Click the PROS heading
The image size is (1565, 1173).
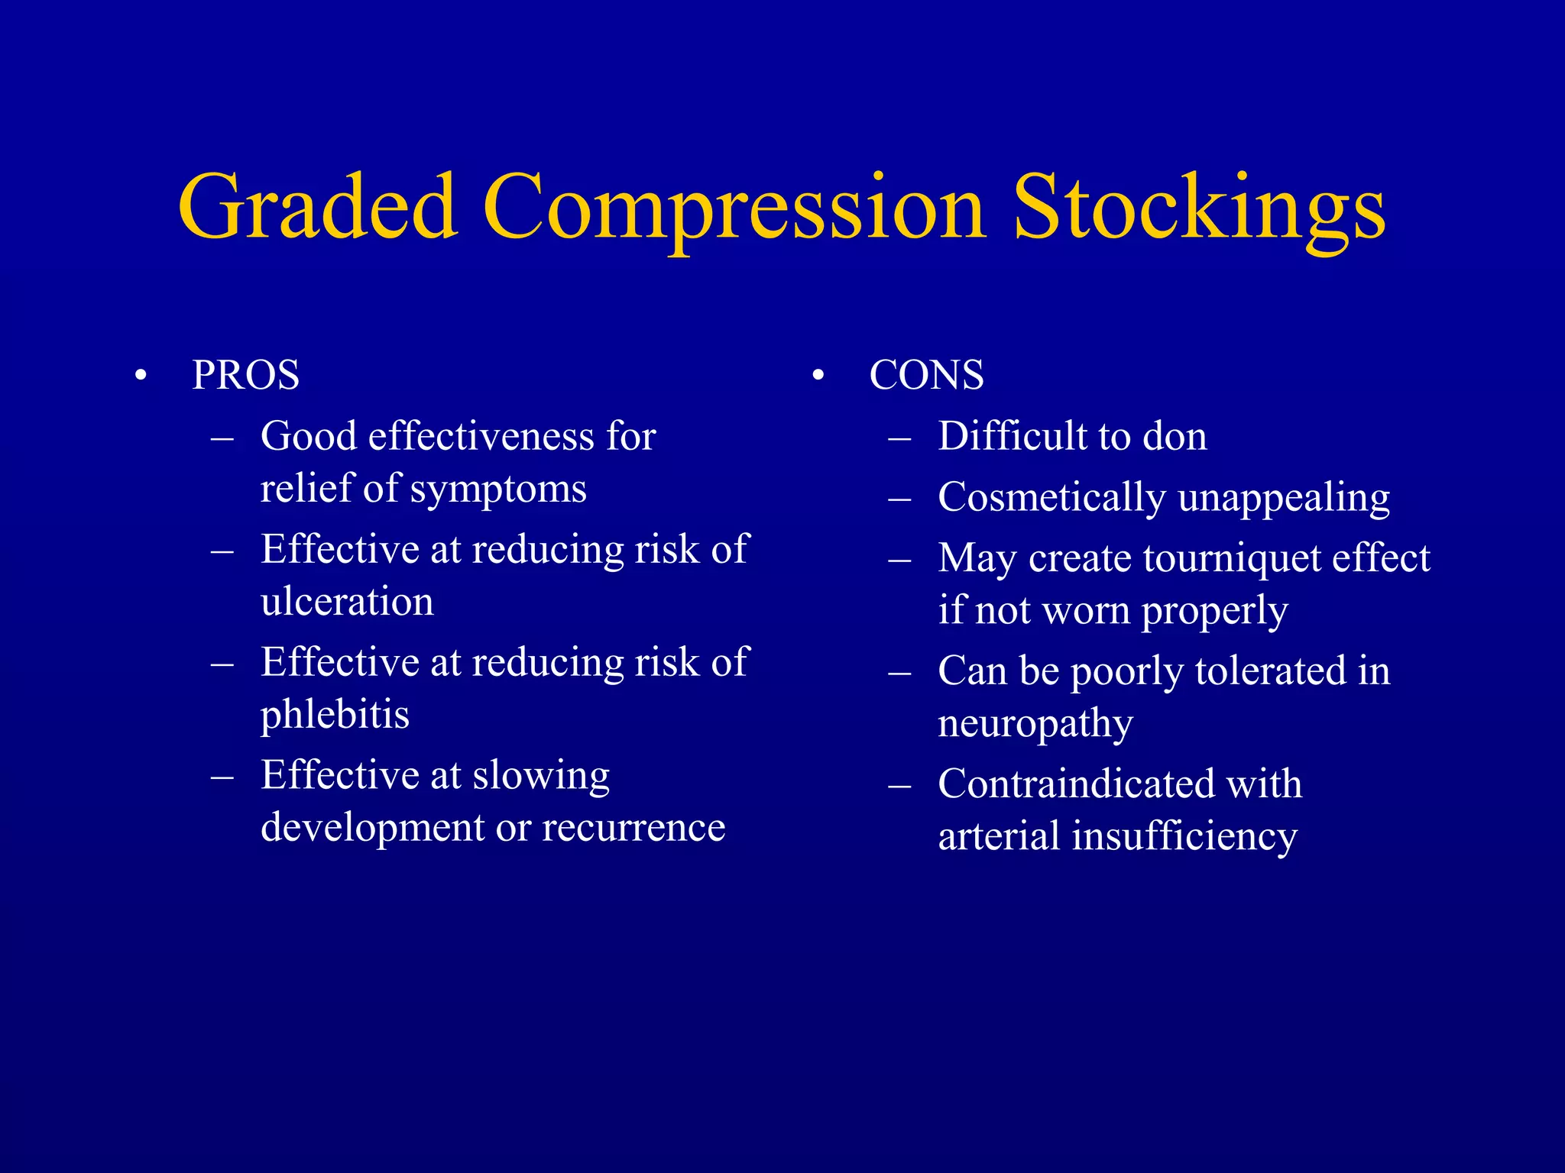[x=245, y=375]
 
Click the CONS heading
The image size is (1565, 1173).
[x=926, y=375]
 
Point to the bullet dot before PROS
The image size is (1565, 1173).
[x=140, y=376]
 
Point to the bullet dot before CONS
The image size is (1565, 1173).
[x=818, y=376]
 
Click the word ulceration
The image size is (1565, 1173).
[x=347, y=601]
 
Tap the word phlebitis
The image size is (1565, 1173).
[x=335, y=715]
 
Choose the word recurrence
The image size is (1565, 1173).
[x=633, y=827]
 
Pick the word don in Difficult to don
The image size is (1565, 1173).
[x=1175, y=436]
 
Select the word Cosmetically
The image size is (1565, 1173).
[x=1051, y=498]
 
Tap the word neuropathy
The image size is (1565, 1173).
[x=1035, y=724]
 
